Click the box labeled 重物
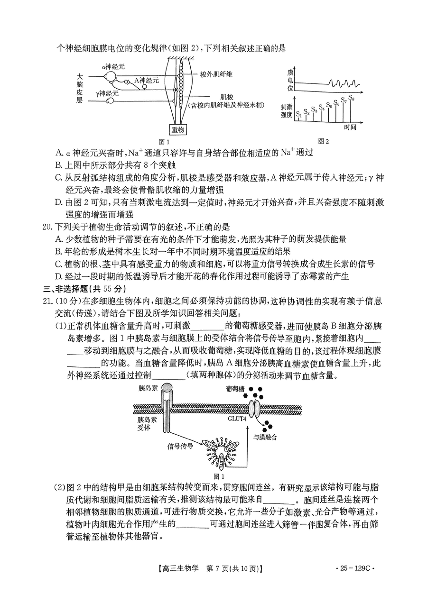coord(178,129)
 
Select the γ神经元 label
coord(107,93)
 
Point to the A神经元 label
coord(147,81)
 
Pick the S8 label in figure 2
coord(352,99)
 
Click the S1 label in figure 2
coord(299,114)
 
